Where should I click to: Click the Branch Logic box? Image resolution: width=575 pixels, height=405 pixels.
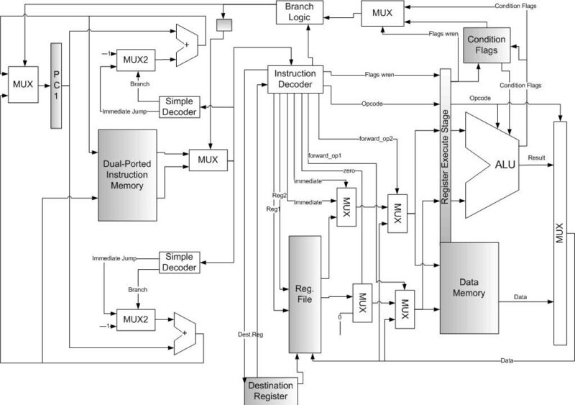(x=301, y=12)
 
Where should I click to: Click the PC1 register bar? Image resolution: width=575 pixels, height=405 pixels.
(x=57, y=86)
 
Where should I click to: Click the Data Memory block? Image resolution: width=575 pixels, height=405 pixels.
(x=469, y=287)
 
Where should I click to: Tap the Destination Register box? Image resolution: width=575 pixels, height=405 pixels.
(x=271, y=391)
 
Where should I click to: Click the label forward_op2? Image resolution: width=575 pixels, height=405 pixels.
(x=378, y=139)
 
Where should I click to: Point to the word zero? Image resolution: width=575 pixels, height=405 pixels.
(x=350, y=172)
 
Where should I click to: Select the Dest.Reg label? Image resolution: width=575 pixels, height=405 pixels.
(x=249, y=334)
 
